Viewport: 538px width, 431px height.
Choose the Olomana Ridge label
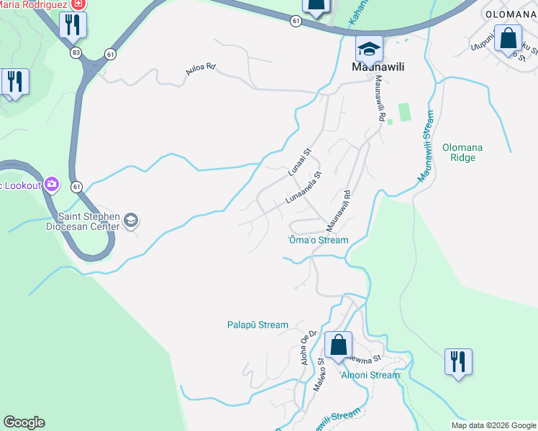pos(462,153)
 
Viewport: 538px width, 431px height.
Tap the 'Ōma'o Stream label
pos(318,240)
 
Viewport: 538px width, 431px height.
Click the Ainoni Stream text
pos(370,375)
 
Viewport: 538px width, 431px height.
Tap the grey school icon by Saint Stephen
pos(131,220)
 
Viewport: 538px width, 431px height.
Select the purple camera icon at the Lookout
pos(51,185)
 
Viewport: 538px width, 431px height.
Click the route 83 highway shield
pos(76,52)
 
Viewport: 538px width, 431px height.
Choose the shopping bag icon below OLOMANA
pos(508,39)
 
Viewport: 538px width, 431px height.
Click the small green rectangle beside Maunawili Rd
pos(403,111)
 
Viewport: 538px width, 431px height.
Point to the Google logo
pos(24,422)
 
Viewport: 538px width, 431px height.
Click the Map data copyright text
pos(493,425)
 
